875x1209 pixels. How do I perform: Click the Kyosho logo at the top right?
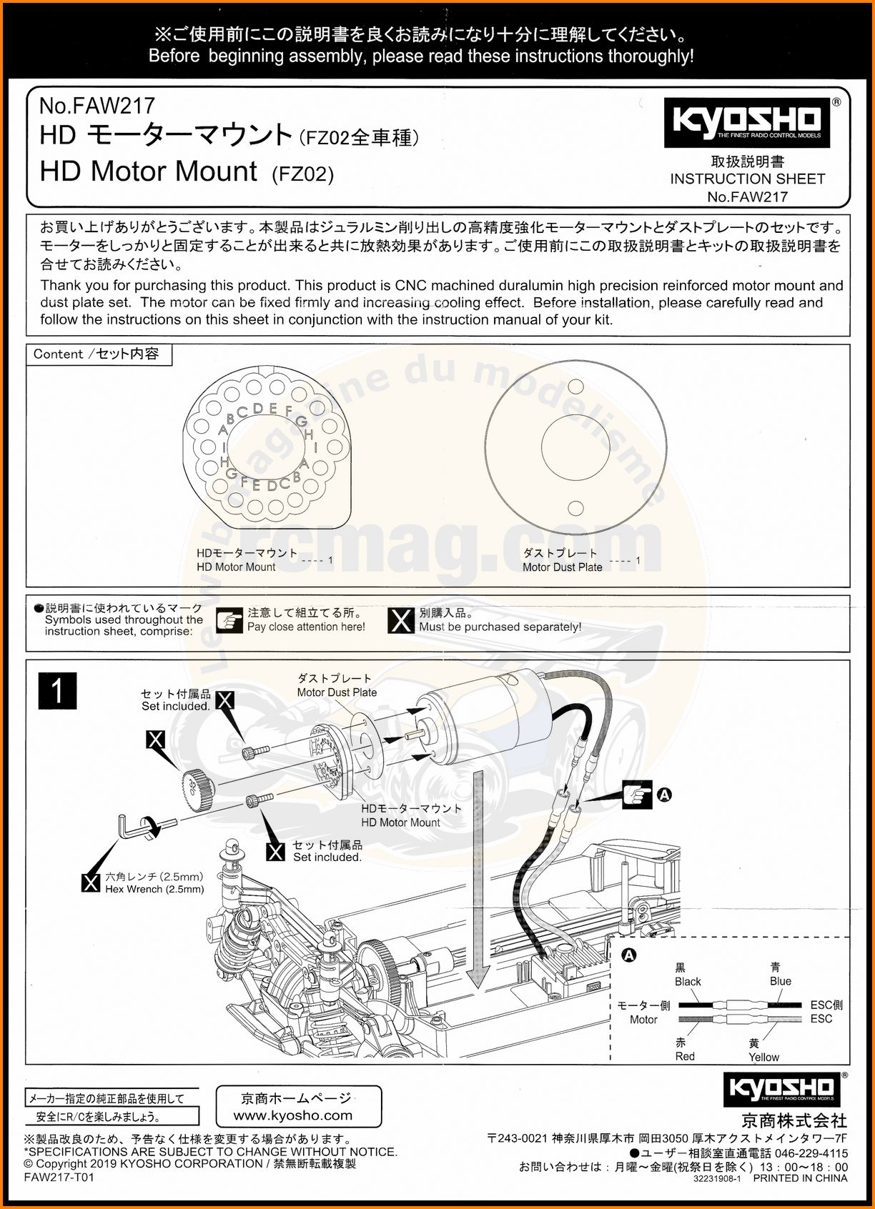747,122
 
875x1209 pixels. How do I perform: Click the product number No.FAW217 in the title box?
97,106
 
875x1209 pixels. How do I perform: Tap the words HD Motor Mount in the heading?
149,171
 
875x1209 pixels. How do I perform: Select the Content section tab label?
97,354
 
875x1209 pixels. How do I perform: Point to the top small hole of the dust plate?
575,387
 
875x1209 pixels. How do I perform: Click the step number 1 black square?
57,691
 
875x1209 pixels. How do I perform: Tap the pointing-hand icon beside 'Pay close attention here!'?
229,620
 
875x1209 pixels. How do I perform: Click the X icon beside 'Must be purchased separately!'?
400,620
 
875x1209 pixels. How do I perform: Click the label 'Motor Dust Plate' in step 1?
337,692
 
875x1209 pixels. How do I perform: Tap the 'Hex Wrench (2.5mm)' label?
154,889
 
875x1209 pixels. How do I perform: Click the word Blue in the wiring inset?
781,981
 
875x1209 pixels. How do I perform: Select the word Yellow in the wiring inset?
763,1057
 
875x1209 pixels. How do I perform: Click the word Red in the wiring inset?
685,1056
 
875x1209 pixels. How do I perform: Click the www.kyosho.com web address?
293,1115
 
